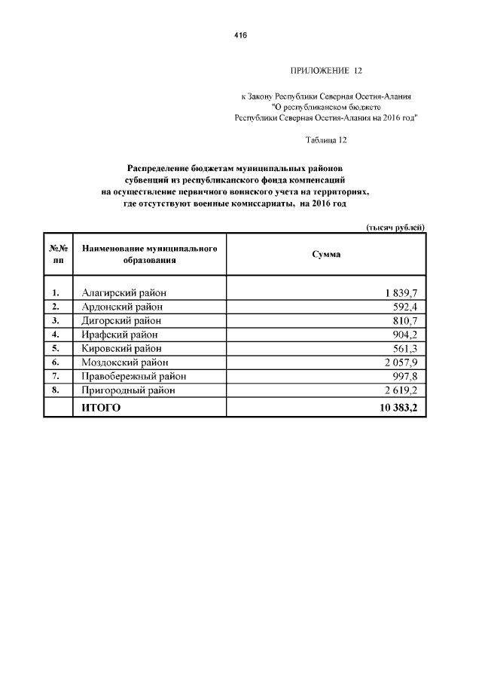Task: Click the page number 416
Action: (241, 35)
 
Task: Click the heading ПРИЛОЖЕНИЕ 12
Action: (326, 71)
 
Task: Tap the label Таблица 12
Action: (326, 139)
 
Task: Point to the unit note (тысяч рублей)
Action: (395, 227)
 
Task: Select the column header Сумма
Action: (326, 254)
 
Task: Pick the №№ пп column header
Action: (59, 254)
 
